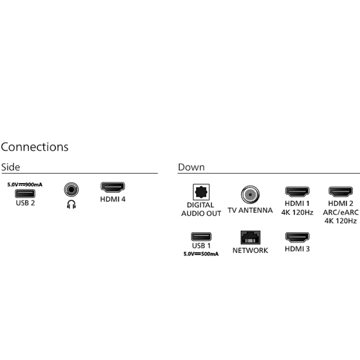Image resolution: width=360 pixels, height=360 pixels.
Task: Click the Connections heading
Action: point(35,147)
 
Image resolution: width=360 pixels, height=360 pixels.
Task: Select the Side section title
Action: point(11,167)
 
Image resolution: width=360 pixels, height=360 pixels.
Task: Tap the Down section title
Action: point(191,167)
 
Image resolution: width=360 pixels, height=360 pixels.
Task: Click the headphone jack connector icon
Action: point(71,189)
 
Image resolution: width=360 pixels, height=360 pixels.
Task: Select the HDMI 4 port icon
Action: point(113,187)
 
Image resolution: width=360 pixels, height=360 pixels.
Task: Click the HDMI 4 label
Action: point(113,198)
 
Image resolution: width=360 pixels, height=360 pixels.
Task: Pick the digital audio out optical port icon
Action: point(201,193)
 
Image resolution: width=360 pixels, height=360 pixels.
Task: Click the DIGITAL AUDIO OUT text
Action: point(201,209)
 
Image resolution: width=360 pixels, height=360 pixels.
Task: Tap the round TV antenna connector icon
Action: point(250,195)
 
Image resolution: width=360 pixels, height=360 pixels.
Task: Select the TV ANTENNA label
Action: point(250,210)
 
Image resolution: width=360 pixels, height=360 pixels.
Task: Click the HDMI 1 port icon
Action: point(297,192)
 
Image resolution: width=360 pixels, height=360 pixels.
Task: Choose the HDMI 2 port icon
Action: point(341,192)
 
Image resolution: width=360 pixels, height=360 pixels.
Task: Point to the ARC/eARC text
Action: point(341,212)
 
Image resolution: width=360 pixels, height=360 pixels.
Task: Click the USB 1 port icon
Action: point(201,236)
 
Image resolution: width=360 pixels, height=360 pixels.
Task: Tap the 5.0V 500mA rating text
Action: point(201,254)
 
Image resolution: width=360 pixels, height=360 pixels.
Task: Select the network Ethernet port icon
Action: point(250,237)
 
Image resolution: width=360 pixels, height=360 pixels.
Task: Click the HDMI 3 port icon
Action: point(297,237)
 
